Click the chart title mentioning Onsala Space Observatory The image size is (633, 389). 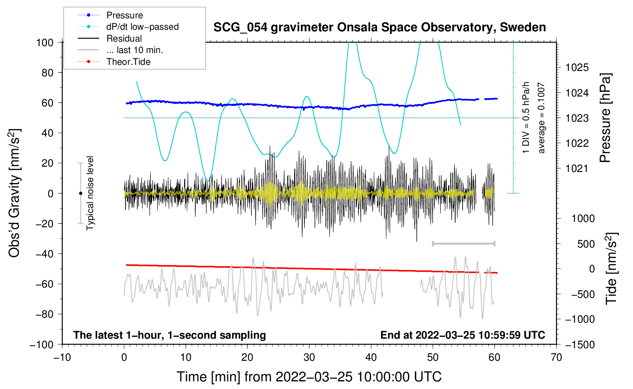[379, 27]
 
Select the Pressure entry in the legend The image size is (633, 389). [124, 15]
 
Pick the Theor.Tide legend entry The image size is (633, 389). [128, 62]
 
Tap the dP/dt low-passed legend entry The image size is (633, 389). [142, 27]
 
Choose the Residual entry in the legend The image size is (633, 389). [124, 39]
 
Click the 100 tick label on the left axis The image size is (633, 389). [45, 42]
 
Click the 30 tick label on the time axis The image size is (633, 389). [309, 357]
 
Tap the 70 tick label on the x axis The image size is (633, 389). [556, 357]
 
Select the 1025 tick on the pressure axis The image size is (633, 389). [577, 68]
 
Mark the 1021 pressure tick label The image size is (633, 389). [577, 169]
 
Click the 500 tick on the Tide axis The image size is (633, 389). [586, 244]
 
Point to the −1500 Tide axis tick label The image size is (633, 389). [580, 345]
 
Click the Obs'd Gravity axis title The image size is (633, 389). [14, 193]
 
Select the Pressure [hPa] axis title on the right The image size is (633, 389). [605, 118]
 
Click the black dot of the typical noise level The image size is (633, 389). [80, 193]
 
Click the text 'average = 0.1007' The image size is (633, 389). [541, 118]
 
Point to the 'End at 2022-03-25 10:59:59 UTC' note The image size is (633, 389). [463, 335]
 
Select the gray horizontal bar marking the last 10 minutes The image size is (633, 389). [463, 243]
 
